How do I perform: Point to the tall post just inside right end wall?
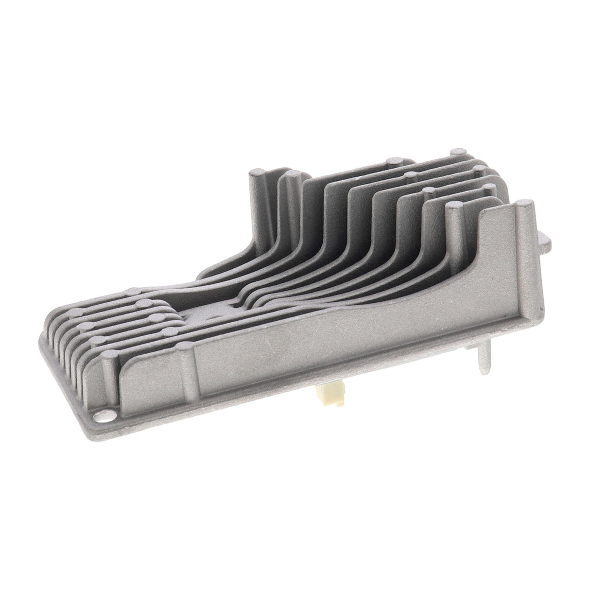coord(453,214)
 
